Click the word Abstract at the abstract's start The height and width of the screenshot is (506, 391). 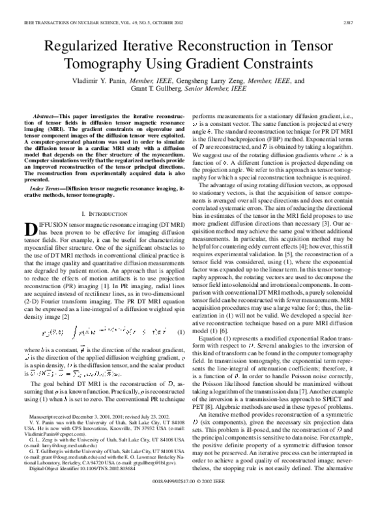(x=47, y=114)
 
